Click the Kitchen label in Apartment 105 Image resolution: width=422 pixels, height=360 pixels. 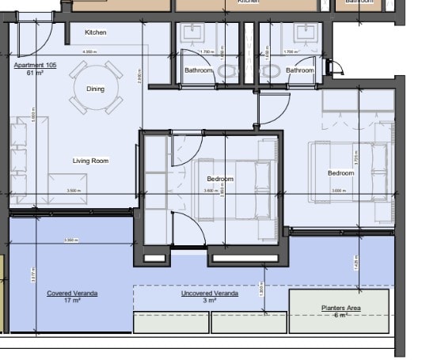tap(96, 32)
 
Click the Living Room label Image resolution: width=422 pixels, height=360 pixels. tap(90, 161)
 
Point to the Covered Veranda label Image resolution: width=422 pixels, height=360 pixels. tap(72, 294)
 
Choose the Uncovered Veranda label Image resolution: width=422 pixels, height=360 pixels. tap(210, 294)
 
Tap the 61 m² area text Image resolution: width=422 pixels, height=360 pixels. tap(34, 72)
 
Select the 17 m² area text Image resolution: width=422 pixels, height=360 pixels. tap(72, 301)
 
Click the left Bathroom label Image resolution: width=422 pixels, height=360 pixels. tap(199, 70)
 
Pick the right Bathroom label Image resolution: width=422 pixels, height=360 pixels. tap(300, 70)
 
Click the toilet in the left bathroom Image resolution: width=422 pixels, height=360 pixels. tap(228, 72)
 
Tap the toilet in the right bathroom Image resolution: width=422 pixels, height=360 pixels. tap(271, 72)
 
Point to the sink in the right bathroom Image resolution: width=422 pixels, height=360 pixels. tap(304, 33)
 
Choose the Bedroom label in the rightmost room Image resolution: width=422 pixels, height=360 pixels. tap(340, 173)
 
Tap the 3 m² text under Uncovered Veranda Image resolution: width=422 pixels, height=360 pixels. tap(210, 301)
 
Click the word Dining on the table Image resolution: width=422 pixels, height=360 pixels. tap(96, 89)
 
